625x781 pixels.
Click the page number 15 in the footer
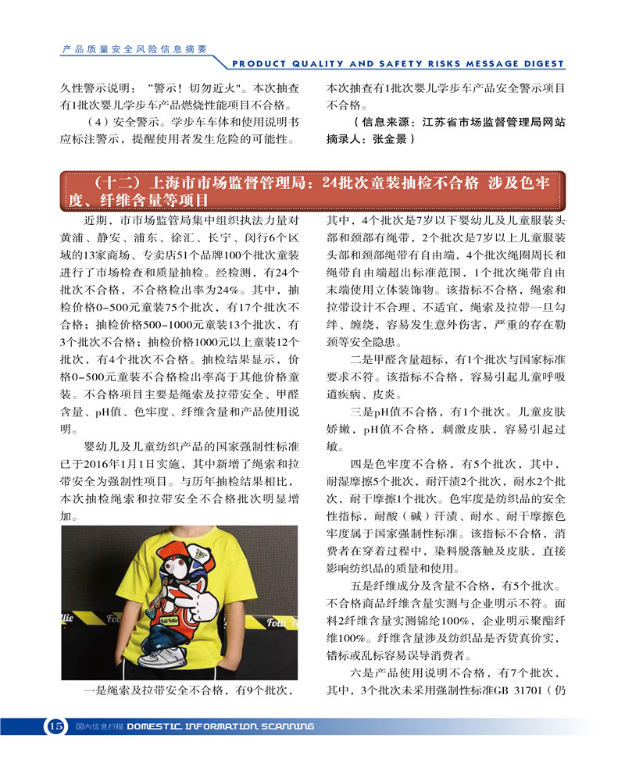(x=55, y=726)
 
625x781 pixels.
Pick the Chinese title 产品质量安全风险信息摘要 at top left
(x=134, y=48)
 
